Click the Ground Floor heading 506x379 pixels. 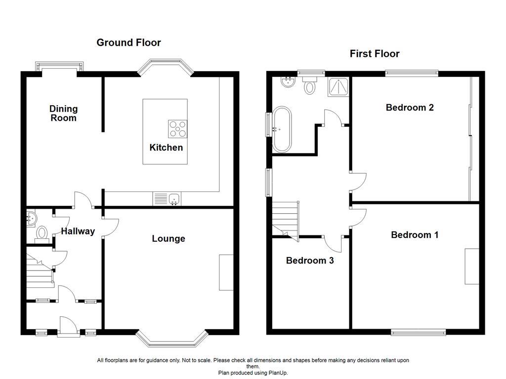pos(128,42)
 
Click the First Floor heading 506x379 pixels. pos(375,54)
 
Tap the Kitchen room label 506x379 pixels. pos(166,148)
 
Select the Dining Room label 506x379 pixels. pos(63,113)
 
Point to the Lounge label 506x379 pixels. pos(169,239)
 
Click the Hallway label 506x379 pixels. pos(78,231)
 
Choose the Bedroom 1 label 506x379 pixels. pos(415,235)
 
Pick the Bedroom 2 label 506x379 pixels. pos(410,107)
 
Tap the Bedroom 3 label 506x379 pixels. pos(310,260)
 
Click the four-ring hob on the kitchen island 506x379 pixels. pos(178,128)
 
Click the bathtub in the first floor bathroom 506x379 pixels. pos(282,128)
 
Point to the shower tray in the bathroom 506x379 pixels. pos(337,87)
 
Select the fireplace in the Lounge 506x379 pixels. pos(226,272)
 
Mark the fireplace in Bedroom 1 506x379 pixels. pos(471,266)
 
